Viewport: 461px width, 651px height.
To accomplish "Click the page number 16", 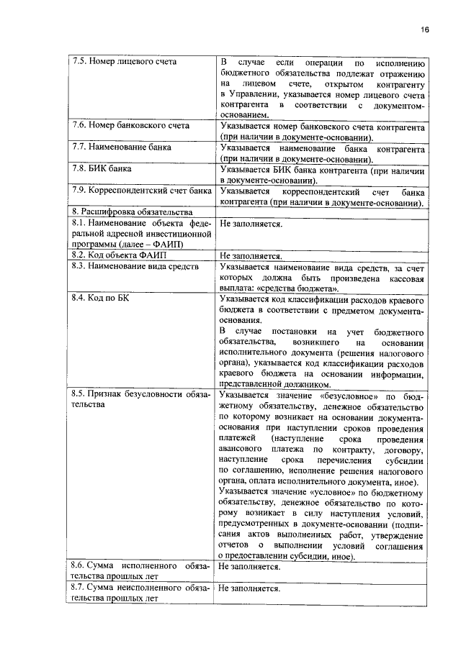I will coord(425,29).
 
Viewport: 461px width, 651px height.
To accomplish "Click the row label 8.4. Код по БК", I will coord(99,296).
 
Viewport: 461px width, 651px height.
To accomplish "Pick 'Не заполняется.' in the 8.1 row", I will coord(251,224).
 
